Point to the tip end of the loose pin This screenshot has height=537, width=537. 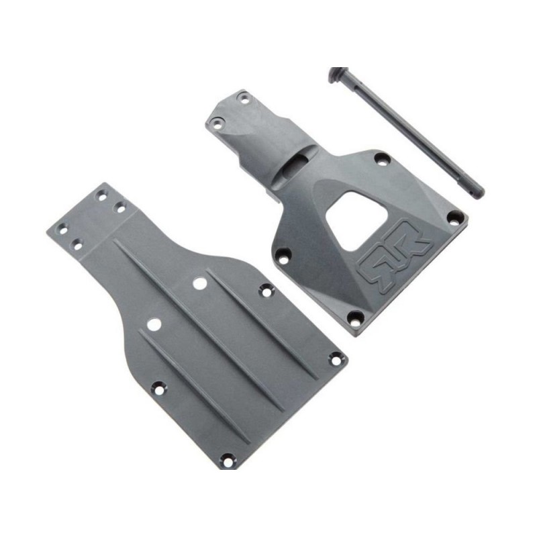click(x=456, y=191)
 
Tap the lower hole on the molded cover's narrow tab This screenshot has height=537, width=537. click(x=217, y=123)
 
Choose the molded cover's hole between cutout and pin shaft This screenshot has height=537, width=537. click(x=382, y=160)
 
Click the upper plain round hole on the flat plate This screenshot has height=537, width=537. click(x=199, y=283)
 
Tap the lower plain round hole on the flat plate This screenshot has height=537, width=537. click(x=154, y=324)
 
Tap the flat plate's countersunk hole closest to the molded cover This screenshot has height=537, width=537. click(x=265, y=291)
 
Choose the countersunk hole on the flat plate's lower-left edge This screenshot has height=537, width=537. click(x=158, y=387)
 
